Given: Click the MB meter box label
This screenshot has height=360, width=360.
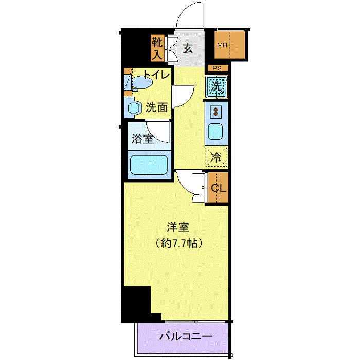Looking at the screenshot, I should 222,45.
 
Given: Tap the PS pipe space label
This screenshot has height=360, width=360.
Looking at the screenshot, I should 217,68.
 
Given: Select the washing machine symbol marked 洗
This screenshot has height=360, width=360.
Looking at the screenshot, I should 217,86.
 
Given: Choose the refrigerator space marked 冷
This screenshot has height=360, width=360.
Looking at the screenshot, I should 217,158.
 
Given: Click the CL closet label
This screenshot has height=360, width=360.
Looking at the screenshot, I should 218,188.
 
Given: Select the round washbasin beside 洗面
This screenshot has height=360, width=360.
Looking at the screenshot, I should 134,109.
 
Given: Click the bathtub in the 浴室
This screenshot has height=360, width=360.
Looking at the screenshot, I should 148,166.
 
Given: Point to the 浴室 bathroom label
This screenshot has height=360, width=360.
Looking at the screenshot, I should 142,138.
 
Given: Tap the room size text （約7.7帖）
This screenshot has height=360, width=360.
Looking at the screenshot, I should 178,242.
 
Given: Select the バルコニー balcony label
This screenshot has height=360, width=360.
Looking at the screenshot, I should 185,337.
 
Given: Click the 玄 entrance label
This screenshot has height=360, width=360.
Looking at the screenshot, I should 188,49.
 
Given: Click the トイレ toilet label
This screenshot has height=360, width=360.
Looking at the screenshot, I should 156,75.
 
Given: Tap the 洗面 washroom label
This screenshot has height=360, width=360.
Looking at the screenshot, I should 156,107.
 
